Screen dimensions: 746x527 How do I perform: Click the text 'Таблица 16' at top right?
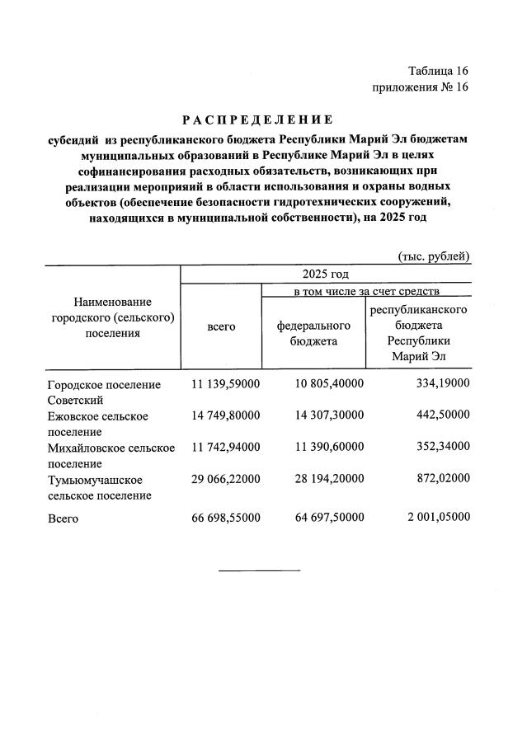(x=436, y=71)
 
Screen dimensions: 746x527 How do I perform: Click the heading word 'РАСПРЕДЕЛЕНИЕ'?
(x=257, y=120)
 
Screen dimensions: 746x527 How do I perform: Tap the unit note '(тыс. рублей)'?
(x=434, y=256)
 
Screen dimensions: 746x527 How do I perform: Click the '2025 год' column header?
(x=325, y=274)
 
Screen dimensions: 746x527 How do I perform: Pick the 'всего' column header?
(x=221, y=326)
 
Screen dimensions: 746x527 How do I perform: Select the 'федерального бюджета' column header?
(x=313, y=333)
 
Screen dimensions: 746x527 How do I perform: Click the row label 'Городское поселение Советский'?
(x=104, y=392)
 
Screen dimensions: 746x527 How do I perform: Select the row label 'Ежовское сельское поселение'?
(x=98, y=424)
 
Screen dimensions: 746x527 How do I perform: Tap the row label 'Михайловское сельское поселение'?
(x=111, y=455)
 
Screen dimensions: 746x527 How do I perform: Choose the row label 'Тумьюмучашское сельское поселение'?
(x=99, y=487)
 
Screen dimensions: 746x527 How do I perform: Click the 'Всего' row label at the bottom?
(x=63, y=519)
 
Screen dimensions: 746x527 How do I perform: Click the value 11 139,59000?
(x=225, y=385)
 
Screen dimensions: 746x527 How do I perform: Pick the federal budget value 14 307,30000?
(x=329, y=416)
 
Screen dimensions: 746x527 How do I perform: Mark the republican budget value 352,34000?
(x=438, y=448)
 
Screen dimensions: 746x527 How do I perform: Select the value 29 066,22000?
(x=225, y=479)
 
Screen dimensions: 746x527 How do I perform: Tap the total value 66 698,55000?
(x=225, y=518)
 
